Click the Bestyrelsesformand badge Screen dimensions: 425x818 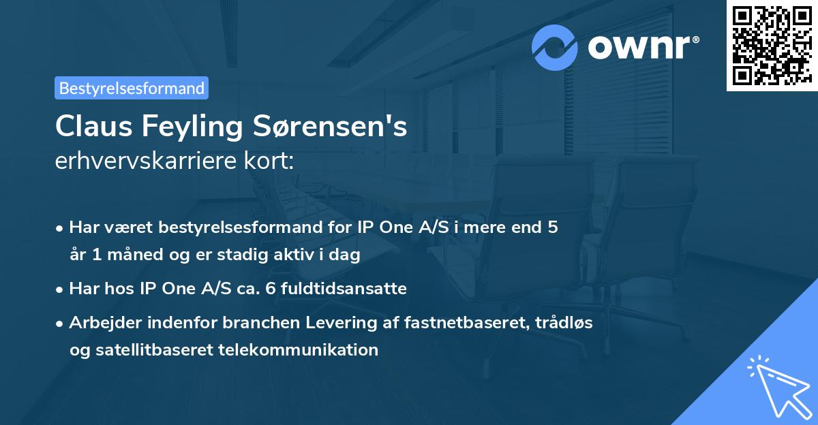pyautogui.click(x=131, y=88)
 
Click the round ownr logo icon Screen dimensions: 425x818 pyautogui.click(x=555, y=48)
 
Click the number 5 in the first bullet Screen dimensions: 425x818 pyautogui.click(x=552, y=227)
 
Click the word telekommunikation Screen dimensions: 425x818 pyautogui.click(x=299, y=350)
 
